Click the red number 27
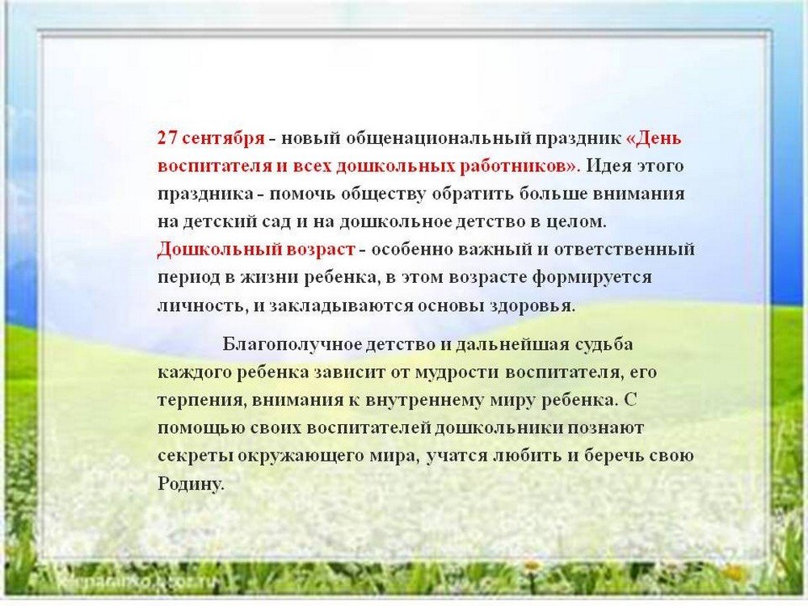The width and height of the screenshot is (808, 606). pos(167,139)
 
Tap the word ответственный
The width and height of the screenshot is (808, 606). pos(625,250)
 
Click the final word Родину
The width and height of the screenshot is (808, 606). pos(191,484)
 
